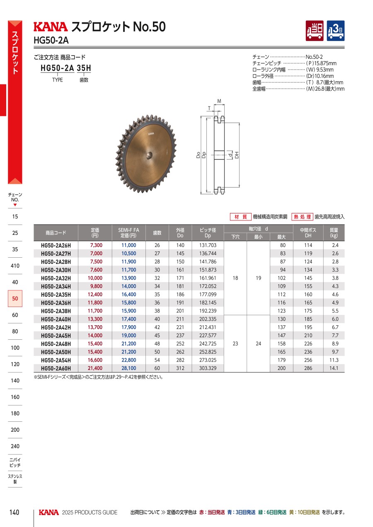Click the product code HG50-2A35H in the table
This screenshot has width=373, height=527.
pyautogui.click(x=56, y=295)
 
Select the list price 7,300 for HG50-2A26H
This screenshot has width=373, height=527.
pyautogui.click(x=96, y=245)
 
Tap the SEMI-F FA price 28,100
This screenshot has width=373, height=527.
pyautogui.click(x=129, y=368)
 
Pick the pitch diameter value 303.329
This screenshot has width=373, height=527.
pyautogui.click(x=208, y=368)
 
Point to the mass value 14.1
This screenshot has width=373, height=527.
pyautogui.click(x=334, y=368)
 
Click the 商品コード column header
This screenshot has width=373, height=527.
pyautogui.click(x=56, y=233)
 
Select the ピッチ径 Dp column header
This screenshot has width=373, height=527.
pyautogui.click(x=208, y=233)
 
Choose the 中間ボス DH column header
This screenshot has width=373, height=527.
pyautogui.click(x=308, y=233)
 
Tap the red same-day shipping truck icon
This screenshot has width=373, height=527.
pyautogui.click(x=315, y=31)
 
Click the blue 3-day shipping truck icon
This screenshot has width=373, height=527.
pyautogui.click(x=336, y=31)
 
